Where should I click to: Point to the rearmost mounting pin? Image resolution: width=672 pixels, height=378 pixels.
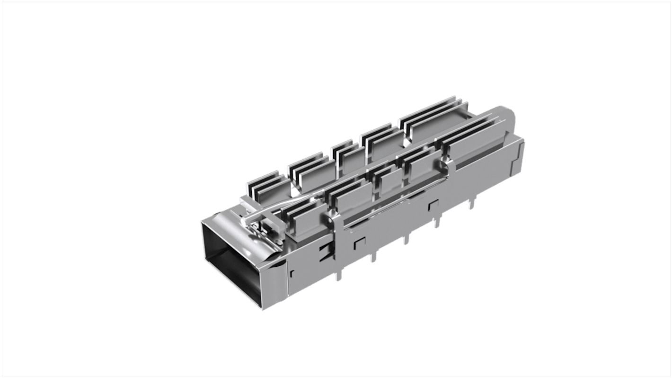(x=470, y=204)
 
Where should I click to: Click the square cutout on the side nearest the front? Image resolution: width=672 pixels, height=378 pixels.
(x=359, y=243)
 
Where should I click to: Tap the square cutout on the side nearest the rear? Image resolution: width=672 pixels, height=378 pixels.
(x=432, y=207)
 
